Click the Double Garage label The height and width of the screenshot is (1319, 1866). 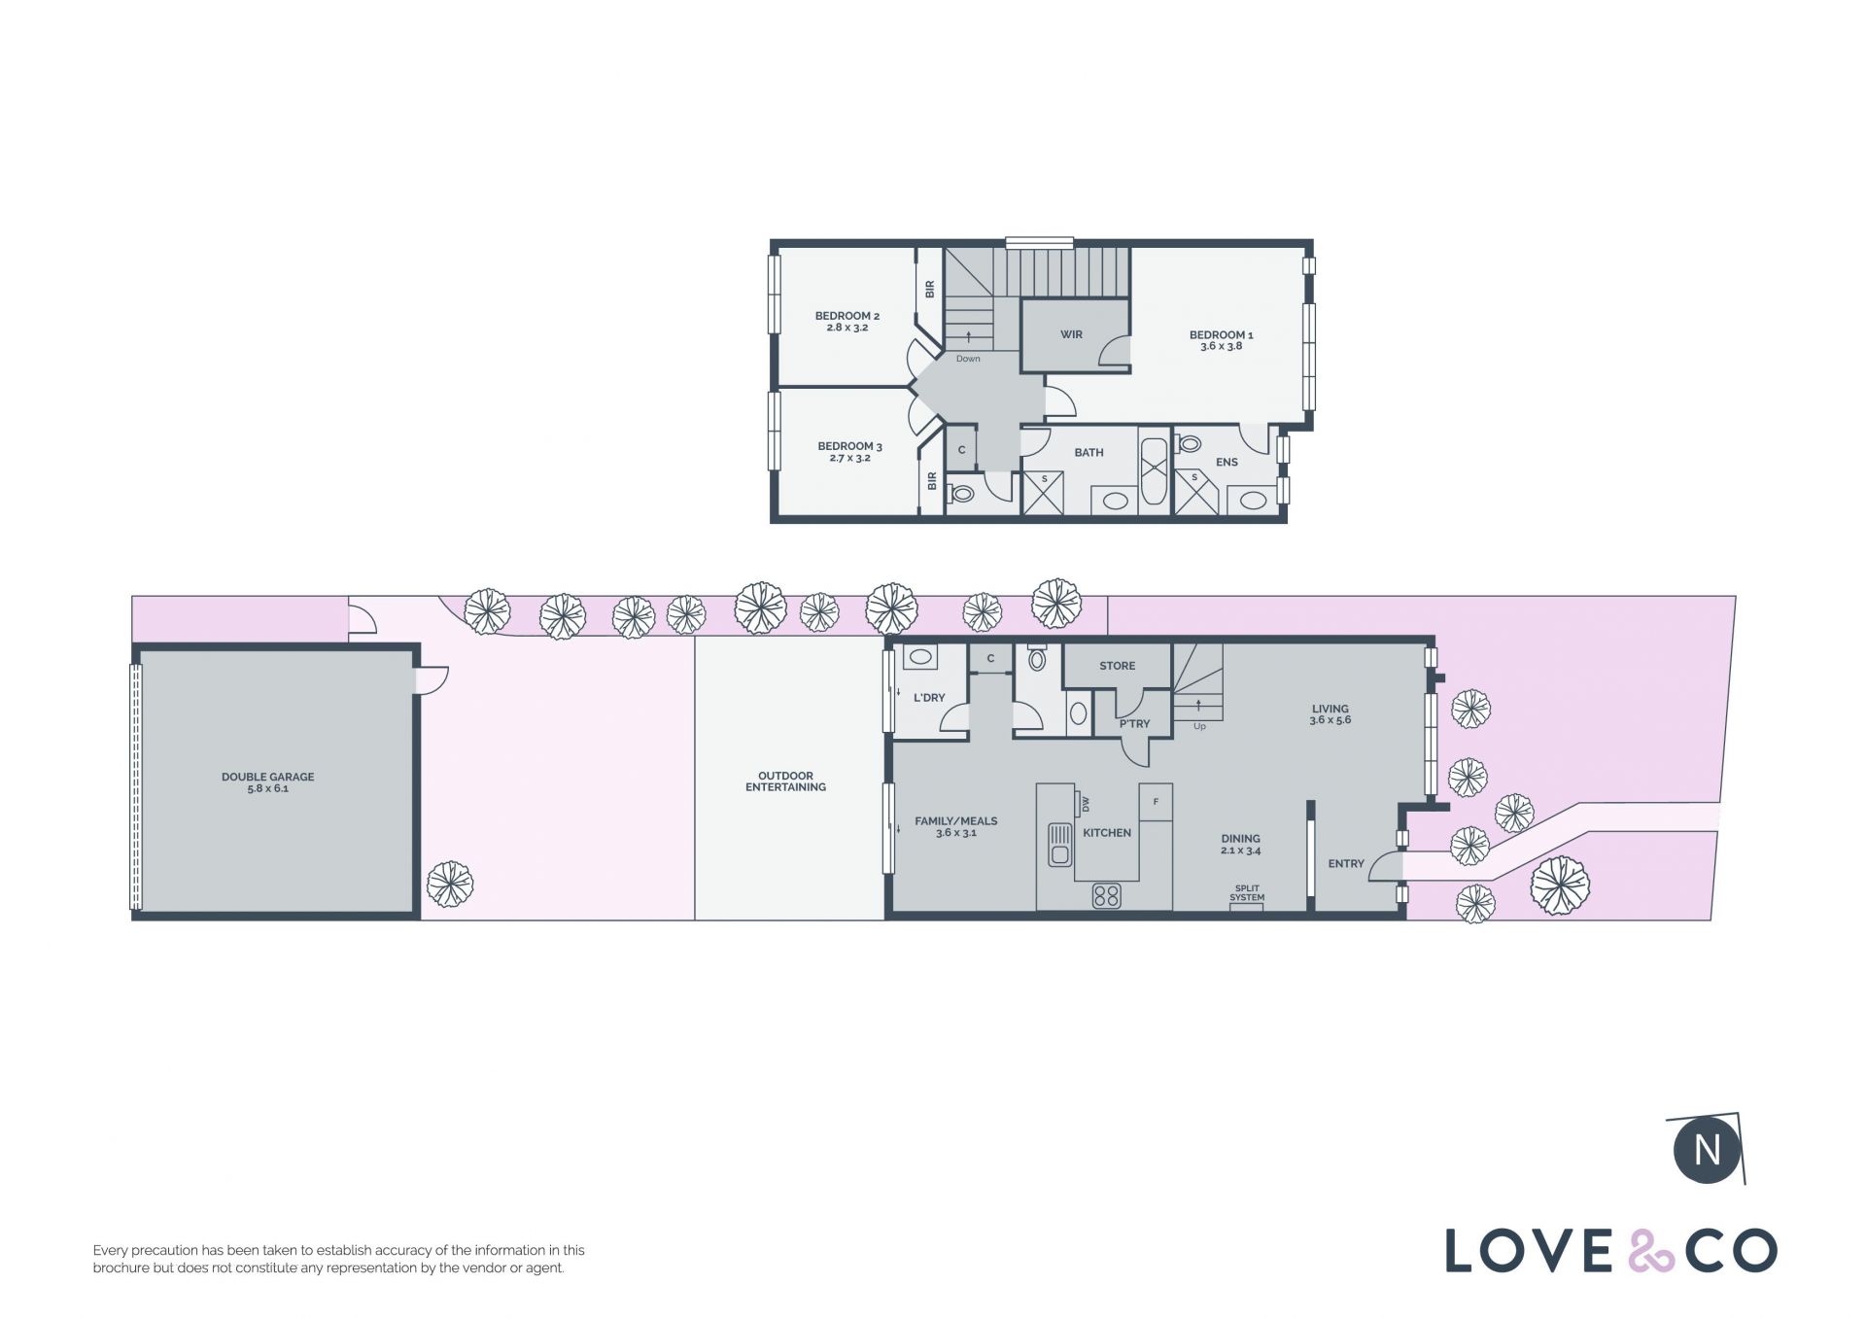point(267,782)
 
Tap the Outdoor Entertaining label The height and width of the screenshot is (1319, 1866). point(785,781)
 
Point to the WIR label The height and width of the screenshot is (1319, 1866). point(1071,334)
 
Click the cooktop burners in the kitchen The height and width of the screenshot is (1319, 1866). point(1106,894)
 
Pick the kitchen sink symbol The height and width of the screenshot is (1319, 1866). point(1059,845)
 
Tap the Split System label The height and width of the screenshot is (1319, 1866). point(1247,893)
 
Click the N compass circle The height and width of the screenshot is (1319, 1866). point(1708,1150)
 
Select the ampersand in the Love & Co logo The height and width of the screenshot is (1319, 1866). point(1651,1251)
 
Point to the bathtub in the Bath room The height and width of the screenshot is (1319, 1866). point(1155,471)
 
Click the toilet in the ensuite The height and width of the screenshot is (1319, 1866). point(1189,444)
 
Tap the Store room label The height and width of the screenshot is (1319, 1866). point(1117,666)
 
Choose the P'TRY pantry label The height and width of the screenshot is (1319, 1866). point(1134,723)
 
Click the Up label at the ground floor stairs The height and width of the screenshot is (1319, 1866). point(1199,726)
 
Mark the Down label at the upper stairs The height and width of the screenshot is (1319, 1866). point(968,359)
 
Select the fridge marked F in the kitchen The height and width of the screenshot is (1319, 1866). point(1156,802)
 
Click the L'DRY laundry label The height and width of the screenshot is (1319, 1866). point(929,697)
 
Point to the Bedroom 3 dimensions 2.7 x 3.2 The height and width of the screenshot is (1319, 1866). point(849,458)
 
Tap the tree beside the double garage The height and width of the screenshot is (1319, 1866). point(450,885)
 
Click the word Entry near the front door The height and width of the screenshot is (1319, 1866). point(1346,863)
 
